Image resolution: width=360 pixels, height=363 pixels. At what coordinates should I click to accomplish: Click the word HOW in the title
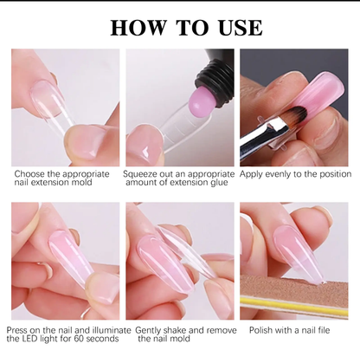click(x=138, y=28)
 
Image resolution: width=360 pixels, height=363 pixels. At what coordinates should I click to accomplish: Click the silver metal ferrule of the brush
click(x=272, y=127)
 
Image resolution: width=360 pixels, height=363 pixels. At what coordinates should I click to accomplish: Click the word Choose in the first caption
click(x=29, y=174)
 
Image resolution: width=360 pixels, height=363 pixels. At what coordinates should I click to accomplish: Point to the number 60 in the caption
click(x=79, y=338)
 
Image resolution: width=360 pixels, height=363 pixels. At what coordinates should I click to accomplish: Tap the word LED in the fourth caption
click(x=30, y=338)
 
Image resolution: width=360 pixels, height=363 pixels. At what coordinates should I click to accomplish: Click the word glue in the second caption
click(x=218, y=183)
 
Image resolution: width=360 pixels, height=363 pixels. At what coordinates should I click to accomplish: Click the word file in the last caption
click(x=323, y=330)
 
